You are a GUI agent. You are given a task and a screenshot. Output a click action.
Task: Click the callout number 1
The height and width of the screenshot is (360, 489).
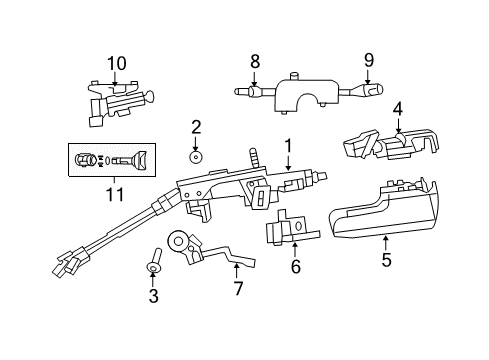point(288,145)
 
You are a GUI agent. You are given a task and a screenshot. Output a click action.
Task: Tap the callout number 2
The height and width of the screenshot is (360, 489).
point(196,127)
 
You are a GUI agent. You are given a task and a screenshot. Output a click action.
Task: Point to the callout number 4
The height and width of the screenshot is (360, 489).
point(397,109)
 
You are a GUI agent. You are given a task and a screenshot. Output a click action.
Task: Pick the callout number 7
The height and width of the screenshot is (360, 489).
point(237,290)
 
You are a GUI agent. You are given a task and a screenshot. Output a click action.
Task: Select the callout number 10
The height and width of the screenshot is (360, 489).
point(117,63)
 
